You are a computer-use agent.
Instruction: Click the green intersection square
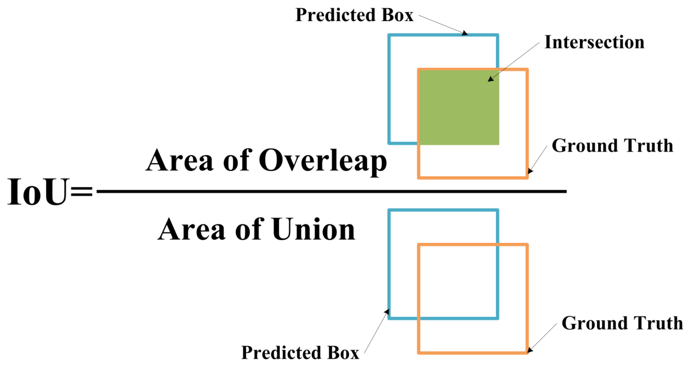pos(459,107)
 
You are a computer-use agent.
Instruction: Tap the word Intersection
pos(594,42)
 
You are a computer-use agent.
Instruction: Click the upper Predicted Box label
pos(354,15)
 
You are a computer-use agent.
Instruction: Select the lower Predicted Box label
pos(300,352)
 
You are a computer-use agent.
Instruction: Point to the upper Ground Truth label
pos(612,145)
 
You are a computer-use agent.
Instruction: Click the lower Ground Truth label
pos(622,323)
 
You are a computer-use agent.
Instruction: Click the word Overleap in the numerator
pos(322,161)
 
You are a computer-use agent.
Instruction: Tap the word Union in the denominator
pos(313,229)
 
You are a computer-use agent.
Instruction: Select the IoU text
pos(37,192)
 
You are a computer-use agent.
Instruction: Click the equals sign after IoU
pos(81,192)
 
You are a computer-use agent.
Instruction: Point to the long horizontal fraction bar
pos(332,192)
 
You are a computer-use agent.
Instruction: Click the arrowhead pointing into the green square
pos(491,79)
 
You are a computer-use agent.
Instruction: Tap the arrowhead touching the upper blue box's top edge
pos(465,33)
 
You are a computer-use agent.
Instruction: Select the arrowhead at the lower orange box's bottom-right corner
pos(530,349)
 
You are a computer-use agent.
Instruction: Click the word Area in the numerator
pos(180,160)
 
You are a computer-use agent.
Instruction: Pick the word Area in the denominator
pos(192,229)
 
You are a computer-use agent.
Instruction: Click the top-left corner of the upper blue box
pos(389,35)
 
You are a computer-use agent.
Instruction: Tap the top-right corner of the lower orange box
pos(527,245)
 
